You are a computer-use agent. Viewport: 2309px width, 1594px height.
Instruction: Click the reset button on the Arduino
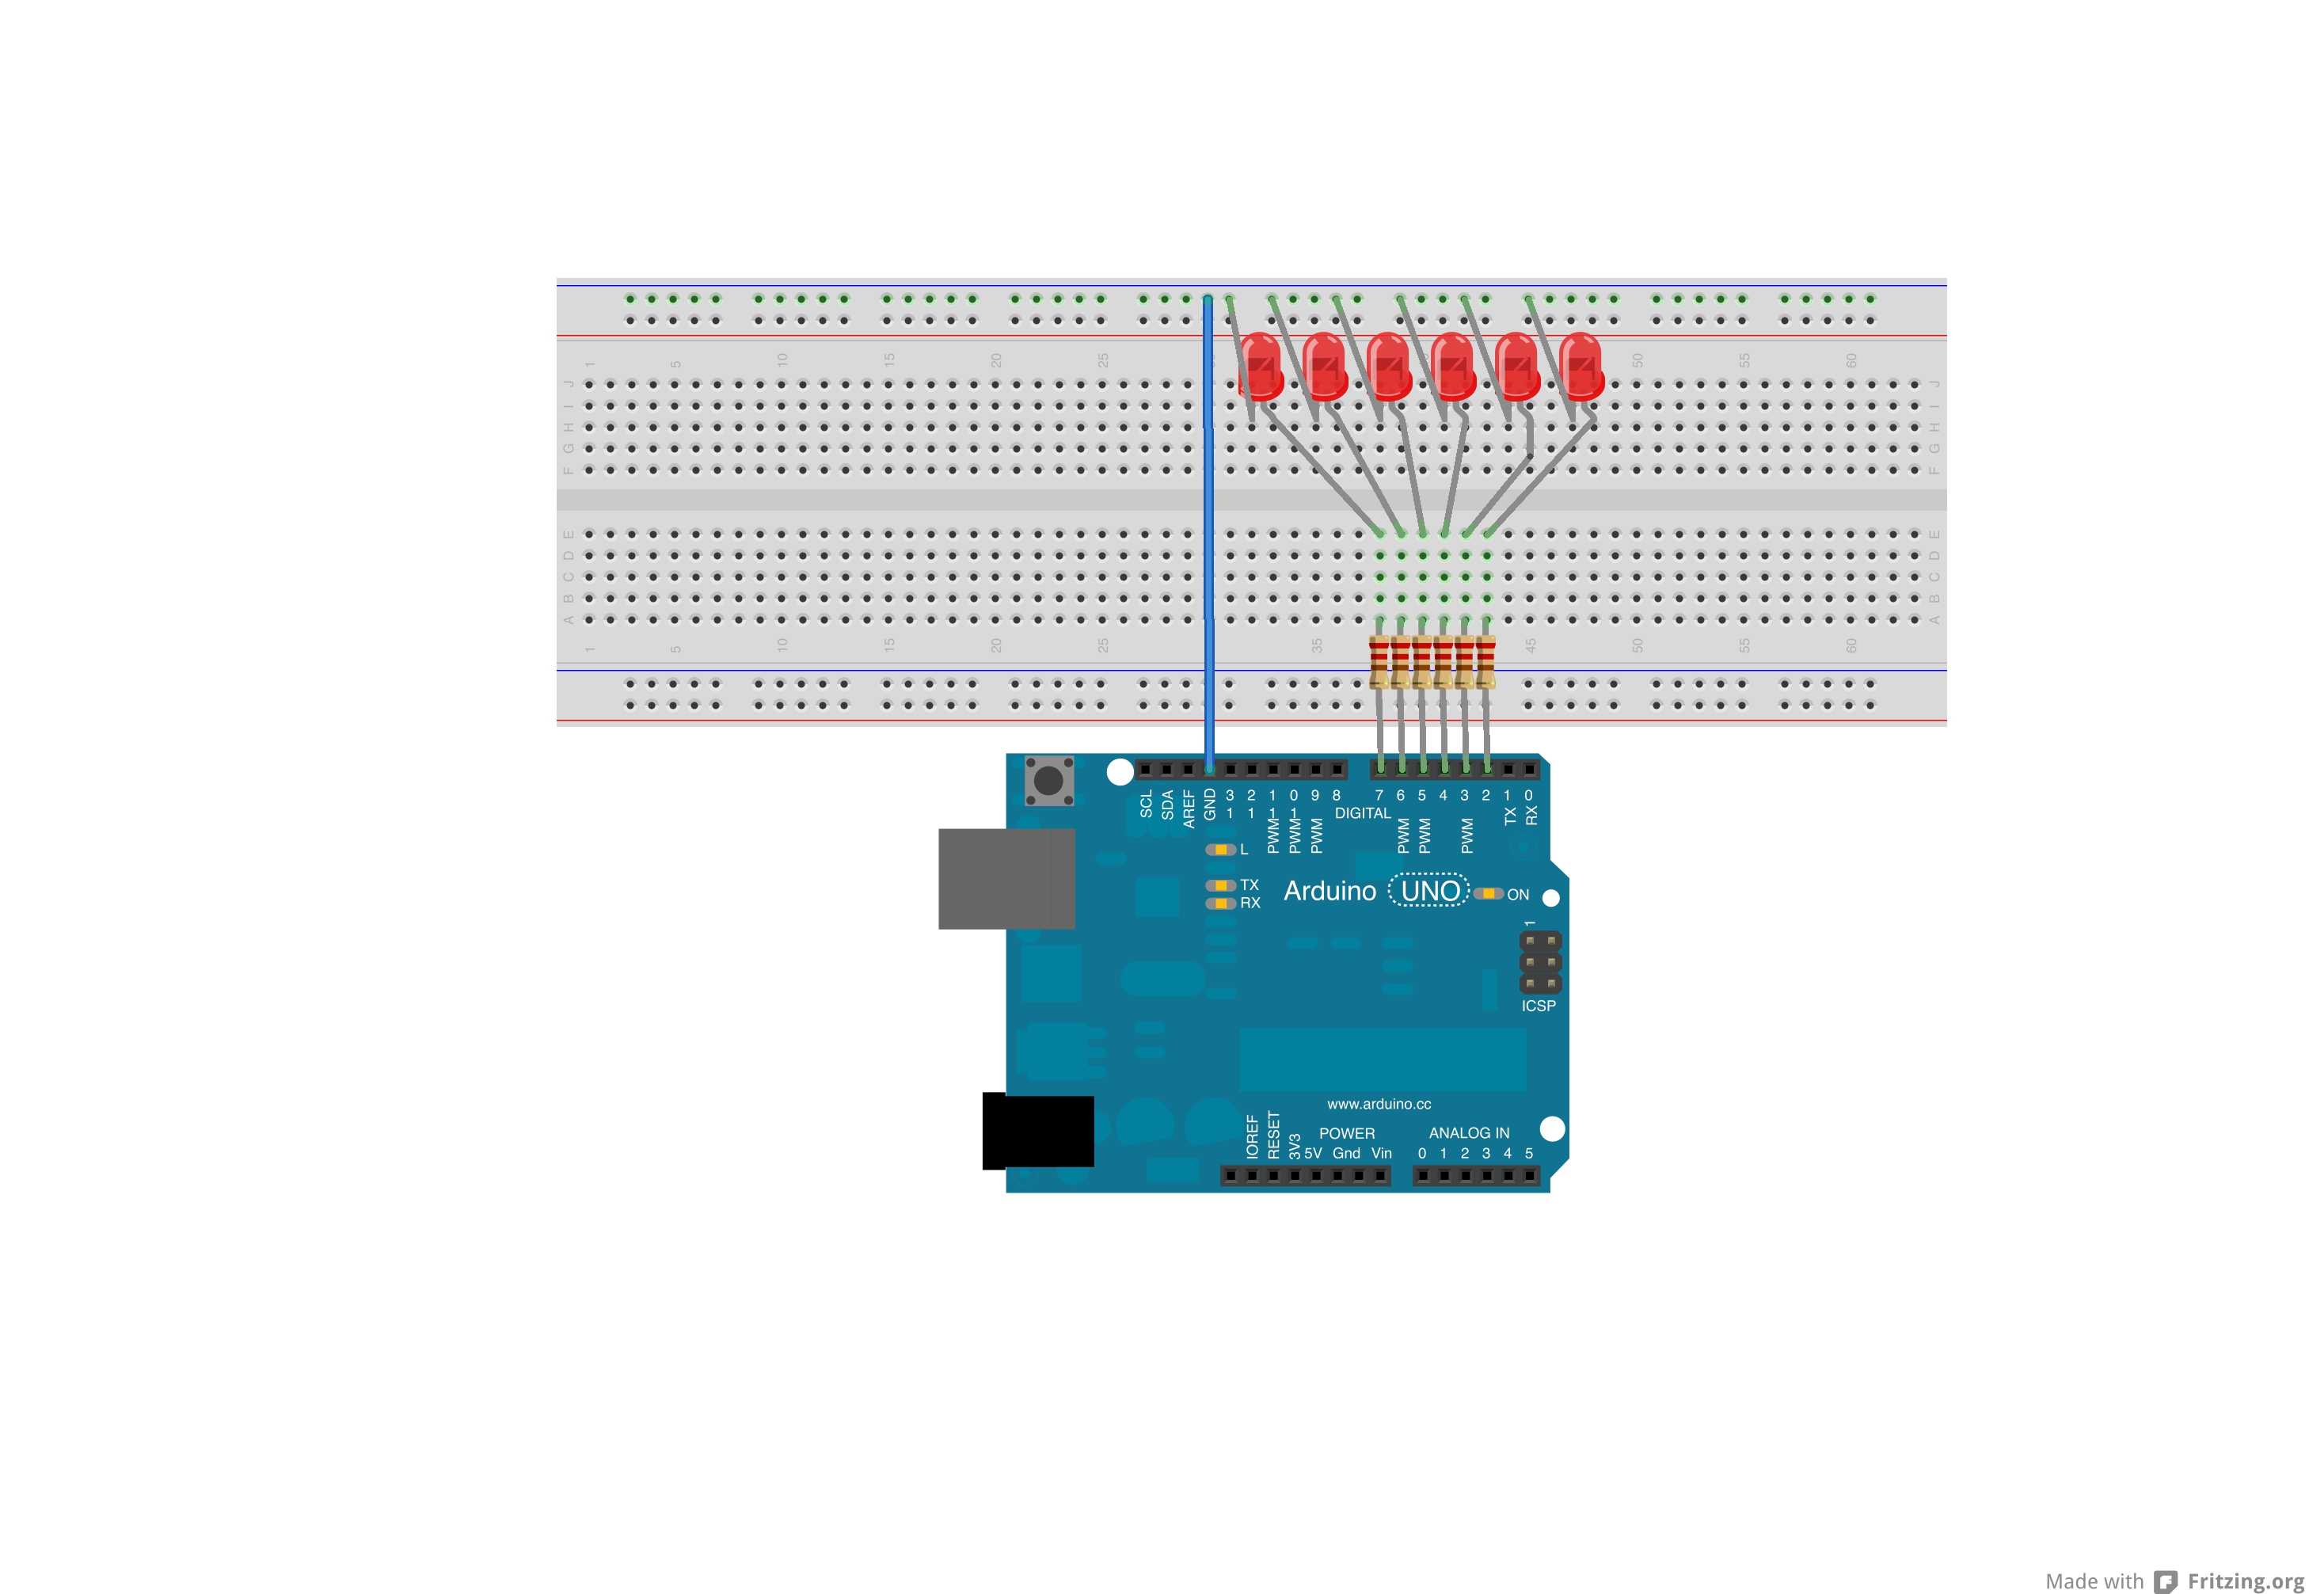coord(1048,779)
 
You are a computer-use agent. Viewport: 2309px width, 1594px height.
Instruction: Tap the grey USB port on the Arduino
coord(1006,878)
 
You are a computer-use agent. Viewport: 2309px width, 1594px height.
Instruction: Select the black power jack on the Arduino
coord(1039,1131)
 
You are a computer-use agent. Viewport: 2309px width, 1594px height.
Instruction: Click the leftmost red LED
coord(1261,366)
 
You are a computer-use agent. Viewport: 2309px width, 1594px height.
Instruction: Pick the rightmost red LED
coord(1581,366)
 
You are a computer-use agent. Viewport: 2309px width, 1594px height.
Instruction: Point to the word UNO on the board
coord(1429,890)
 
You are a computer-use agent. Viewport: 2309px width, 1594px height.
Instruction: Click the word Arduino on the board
coord(1329,891)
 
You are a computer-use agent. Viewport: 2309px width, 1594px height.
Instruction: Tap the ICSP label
coord(1538,1006)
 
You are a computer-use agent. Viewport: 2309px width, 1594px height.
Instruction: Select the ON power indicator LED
coord(1488,893)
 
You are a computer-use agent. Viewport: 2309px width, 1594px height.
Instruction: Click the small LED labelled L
coord(1220,849)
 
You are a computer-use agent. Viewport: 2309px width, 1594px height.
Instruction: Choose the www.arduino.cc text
coord(1379,1104)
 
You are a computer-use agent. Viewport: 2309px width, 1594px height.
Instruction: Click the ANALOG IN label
coord(1468,1132)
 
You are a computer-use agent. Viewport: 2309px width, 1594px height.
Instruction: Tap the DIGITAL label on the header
coord(1362,813)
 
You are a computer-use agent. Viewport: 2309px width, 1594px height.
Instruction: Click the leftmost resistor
coord(1379,660)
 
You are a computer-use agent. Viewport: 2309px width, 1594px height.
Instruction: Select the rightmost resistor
coord(1486,660)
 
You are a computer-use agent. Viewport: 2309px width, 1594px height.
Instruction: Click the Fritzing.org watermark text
coord(2245,1581)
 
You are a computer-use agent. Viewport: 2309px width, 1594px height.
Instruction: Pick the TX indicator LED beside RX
coord(1220,884)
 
